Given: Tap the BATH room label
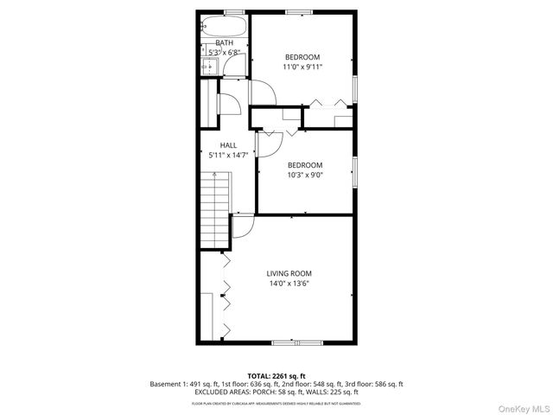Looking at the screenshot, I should (224, 43).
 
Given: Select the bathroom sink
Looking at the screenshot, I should (209, 66).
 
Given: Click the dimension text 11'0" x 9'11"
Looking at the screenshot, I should (302, 67).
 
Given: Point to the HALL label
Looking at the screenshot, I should (228, 145).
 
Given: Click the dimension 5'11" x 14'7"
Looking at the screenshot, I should (228, 156).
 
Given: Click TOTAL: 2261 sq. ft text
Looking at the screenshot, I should (276, 375).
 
